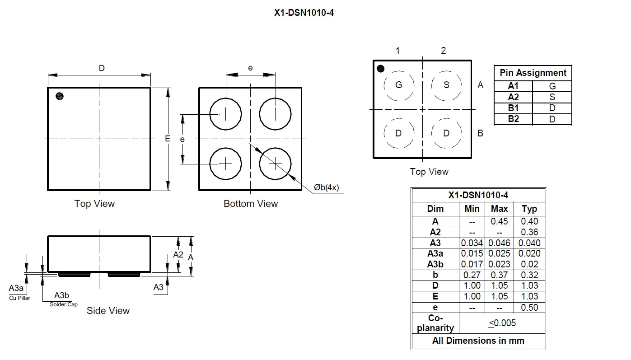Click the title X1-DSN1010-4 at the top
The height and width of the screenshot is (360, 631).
point(304,13)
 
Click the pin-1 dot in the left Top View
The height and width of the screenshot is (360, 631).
point(59,96)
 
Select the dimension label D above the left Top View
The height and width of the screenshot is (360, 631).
point(102,68)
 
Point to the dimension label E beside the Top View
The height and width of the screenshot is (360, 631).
point(168,139)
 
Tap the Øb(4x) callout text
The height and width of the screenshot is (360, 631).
point(326,187)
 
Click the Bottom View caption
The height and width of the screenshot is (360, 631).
point(251,204)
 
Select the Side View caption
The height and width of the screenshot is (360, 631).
point(108,311)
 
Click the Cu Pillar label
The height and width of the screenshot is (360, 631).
point(20,298)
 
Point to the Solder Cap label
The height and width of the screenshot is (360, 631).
point(64,304)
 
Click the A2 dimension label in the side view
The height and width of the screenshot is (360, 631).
point(178,255)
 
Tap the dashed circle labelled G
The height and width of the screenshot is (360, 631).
point(398,85)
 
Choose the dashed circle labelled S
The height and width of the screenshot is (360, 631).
point(446,85)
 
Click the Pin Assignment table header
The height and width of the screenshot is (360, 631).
point(533,73)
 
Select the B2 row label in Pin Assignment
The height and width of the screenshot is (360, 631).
point(514,119)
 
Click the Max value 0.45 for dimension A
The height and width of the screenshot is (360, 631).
point(499,221)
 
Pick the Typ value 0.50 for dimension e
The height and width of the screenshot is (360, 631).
point(529,308)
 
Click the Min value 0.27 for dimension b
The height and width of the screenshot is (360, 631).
point(472,275)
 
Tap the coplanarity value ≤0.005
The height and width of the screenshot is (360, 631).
point(502,323)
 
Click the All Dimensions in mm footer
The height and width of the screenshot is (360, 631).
point(478,341)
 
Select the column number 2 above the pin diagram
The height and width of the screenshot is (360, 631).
point(443,51)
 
